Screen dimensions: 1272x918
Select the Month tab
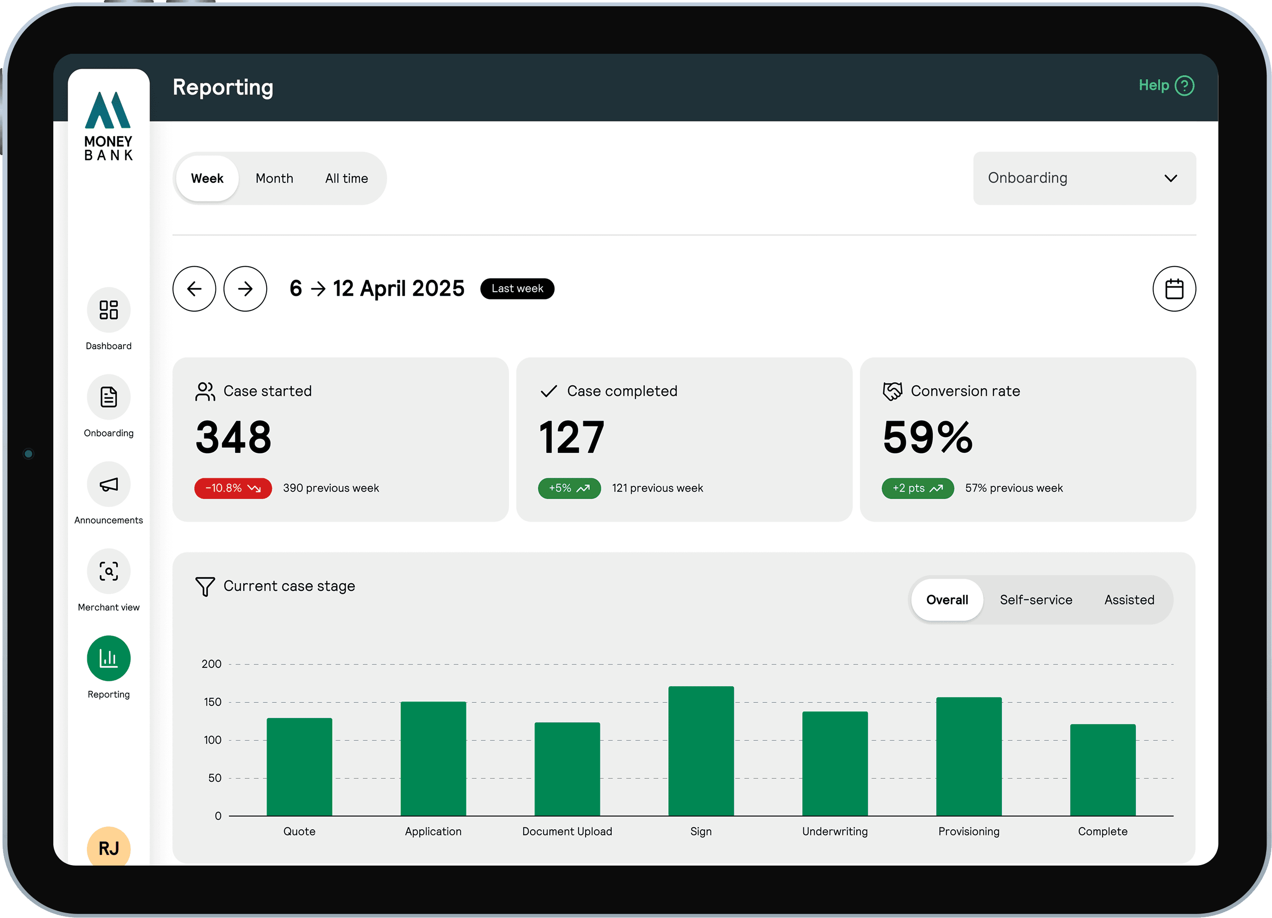274,178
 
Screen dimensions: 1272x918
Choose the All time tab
347,178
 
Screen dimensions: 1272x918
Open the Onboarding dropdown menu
1084,178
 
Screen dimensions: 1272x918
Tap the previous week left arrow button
194,288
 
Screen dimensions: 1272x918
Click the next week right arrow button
245,288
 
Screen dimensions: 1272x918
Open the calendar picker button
1174,288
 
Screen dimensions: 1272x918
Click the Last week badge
517,288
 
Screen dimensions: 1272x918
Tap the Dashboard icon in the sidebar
109,310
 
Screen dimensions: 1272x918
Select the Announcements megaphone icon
109,484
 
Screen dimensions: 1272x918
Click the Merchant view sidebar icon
109,571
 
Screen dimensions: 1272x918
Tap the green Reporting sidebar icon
109,658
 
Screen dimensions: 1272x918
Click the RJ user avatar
109,846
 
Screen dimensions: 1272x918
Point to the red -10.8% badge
233,488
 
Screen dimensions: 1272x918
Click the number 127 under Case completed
572,437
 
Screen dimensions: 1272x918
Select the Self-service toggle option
1036,600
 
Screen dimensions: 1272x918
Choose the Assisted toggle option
1129,600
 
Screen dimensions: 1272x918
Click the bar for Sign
701,751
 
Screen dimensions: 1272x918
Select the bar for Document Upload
567,769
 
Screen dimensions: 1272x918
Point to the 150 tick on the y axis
212,702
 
